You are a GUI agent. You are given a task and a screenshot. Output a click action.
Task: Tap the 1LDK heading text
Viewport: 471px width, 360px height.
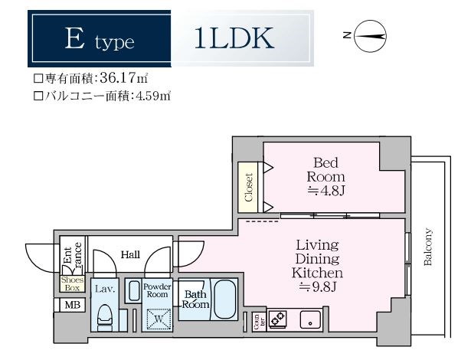tap(233, 40)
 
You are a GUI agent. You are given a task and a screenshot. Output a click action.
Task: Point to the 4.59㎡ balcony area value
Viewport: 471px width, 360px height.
tap(150, 97)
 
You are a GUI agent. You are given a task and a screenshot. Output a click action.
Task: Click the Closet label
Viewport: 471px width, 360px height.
tap(248, 187)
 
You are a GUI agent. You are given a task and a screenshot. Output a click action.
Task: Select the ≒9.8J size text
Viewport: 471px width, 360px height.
tap(317, 287)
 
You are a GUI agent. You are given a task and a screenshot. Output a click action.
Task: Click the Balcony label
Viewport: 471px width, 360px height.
tap(427, 247)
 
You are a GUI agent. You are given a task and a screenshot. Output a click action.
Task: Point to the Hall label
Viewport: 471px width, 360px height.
tap(129, 254)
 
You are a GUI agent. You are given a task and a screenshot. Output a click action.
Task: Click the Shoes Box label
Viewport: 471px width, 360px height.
tap(72, 283)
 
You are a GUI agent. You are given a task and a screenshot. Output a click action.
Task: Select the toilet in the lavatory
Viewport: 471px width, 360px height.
tap(105, 316)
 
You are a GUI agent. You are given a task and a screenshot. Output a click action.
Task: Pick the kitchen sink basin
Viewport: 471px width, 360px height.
tap(312, 319)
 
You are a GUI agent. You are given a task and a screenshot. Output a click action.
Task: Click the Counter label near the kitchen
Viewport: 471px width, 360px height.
tap(255, 321)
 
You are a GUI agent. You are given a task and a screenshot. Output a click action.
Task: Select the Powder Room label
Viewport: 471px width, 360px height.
tap(156, 291)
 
